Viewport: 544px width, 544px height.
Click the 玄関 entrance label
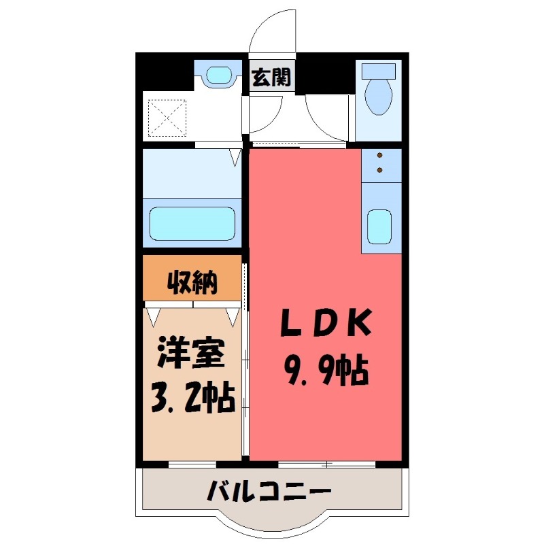pyautogui.click(x=271, y=78)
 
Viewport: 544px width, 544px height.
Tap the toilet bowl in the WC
pyautogui.click(x=377, y=99)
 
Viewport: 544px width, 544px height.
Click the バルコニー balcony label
pyautogui.click(x=270, y=490)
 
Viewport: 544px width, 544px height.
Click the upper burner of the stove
pyautogui.click(x=379, y=154)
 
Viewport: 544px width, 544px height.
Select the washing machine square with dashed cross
pyautogui.click(x=167, y=116)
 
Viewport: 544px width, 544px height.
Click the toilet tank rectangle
pyautogui.click(x=378, y=71)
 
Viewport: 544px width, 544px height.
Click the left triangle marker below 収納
pyautogui.click(x=153, y=315)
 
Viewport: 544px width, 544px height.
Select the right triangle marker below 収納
pyautogui.click(x=233, y=315)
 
